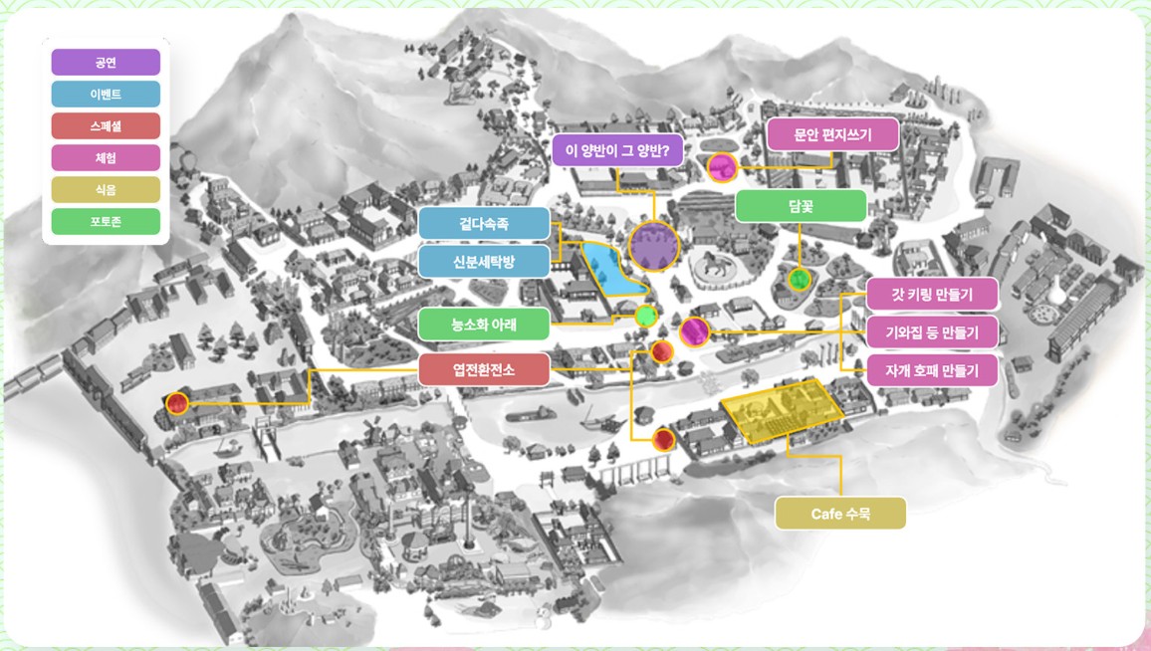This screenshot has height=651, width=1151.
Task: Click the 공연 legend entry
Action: point(106,63)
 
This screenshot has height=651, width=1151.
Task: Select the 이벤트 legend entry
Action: point(106,95)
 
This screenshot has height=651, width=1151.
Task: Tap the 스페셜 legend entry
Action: point(106,126)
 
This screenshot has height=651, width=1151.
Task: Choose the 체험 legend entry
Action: point(106,157)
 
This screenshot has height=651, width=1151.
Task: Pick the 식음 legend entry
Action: point(106,189)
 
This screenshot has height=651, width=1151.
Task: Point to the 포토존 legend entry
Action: point(106,221)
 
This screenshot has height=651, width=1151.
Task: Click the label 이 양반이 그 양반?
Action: point(617,151)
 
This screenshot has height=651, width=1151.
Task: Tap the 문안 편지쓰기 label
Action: point(833,134)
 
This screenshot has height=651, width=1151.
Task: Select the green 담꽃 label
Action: point(800,206)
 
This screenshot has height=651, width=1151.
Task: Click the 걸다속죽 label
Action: point(484,224)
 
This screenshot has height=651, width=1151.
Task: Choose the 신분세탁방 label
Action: point(484,262)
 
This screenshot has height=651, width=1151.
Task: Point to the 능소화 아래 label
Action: point(484,324)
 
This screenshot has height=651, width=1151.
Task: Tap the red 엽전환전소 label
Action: point(484,369)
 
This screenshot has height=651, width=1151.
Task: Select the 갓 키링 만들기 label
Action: point(932,294)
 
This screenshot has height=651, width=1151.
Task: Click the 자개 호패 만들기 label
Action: point(932,370)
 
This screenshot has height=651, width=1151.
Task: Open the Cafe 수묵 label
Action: point(841,514)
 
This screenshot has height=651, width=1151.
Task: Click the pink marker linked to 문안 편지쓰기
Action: point(721,167)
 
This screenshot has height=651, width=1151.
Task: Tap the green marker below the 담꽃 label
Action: point(798,280)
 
